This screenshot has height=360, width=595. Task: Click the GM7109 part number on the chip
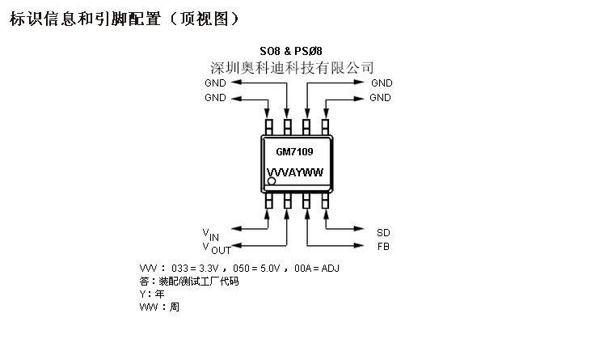point(295,151)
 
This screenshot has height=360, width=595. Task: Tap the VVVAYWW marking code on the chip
point(295,172)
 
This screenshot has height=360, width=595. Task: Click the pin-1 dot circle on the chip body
point(272,181)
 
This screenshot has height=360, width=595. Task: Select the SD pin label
point(382,231)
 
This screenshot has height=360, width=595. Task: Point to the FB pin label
point(382,246)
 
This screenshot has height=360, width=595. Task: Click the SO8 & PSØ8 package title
point(296,51)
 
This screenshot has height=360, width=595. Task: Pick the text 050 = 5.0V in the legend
point(251,268)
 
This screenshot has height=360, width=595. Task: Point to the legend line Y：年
point(152,294)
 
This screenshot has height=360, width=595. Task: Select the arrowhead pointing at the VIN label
point(237,231)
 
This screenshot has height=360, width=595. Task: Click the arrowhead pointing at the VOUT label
point(237,245)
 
